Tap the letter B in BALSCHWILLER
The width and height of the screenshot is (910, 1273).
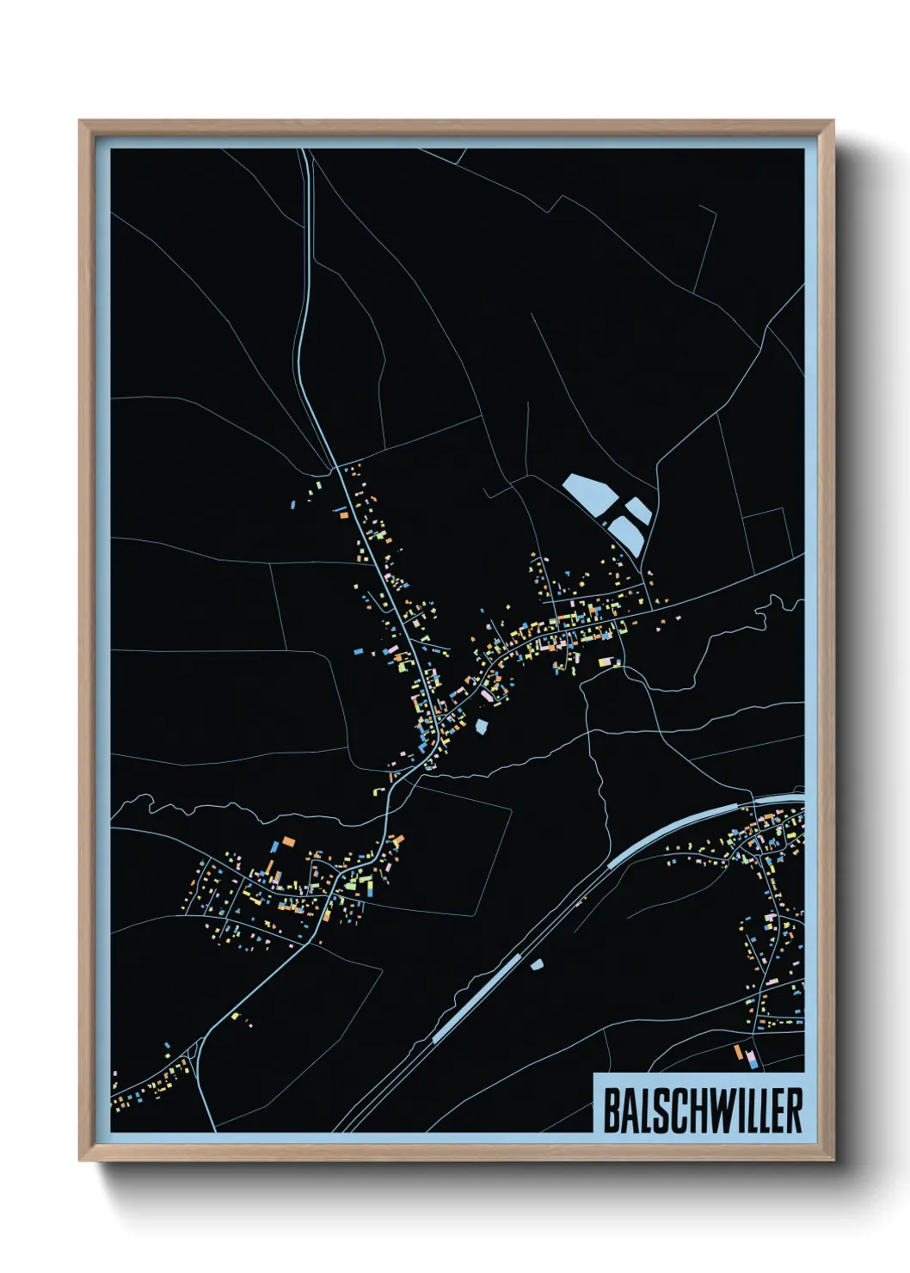coord(611,1110)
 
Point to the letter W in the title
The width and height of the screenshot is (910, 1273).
coord(721,1110)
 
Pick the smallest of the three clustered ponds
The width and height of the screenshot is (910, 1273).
coord(639,511)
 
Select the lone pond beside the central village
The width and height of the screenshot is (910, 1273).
coord(482,727)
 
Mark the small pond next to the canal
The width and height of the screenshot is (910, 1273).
coord(538,965)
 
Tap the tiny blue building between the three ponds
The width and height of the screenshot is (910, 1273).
coord(606,523)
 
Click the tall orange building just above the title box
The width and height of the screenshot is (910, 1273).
coord(737,1051)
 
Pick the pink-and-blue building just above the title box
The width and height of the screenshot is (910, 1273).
coord(753,1061)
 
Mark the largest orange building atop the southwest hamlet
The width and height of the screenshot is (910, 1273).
coord(288,840)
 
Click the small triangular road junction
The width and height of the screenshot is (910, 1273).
coord(196,1049)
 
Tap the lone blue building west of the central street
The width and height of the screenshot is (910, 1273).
coord(356,653)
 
